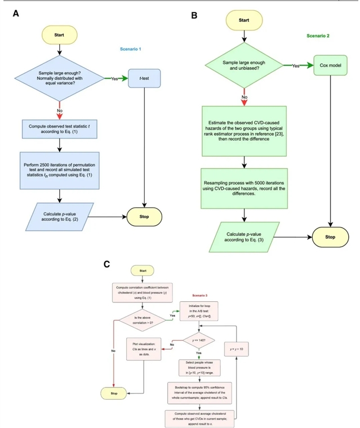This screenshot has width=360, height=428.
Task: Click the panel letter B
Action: (194, 16)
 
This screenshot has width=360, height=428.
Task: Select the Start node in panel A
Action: (59, 35)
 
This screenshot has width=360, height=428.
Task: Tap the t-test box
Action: (145, 79)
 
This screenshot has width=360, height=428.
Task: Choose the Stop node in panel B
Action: (330, 237)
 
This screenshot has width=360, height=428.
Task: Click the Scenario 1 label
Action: (130, 50)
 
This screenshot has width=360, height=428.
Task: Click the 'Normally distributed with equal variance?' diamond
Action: (59, 79)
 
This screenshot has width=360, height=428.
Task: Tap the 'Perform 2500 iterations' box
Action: (59, 170)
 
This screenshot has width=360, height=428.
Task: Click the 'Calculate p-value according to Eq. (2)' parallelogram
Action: (59, 217)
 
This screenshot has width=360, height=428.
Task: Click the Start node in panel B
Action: (243, 20)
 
